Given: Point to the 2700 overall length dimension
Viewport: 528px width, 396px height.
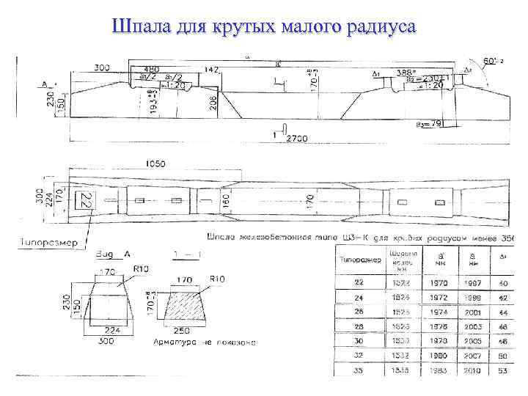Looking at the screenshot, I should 298,138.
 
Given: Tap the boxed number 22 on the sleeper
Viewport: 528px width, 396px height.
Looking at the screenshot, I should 85,200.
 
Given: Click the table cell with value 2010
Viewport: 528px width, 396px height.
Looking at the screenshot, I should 472,371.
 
